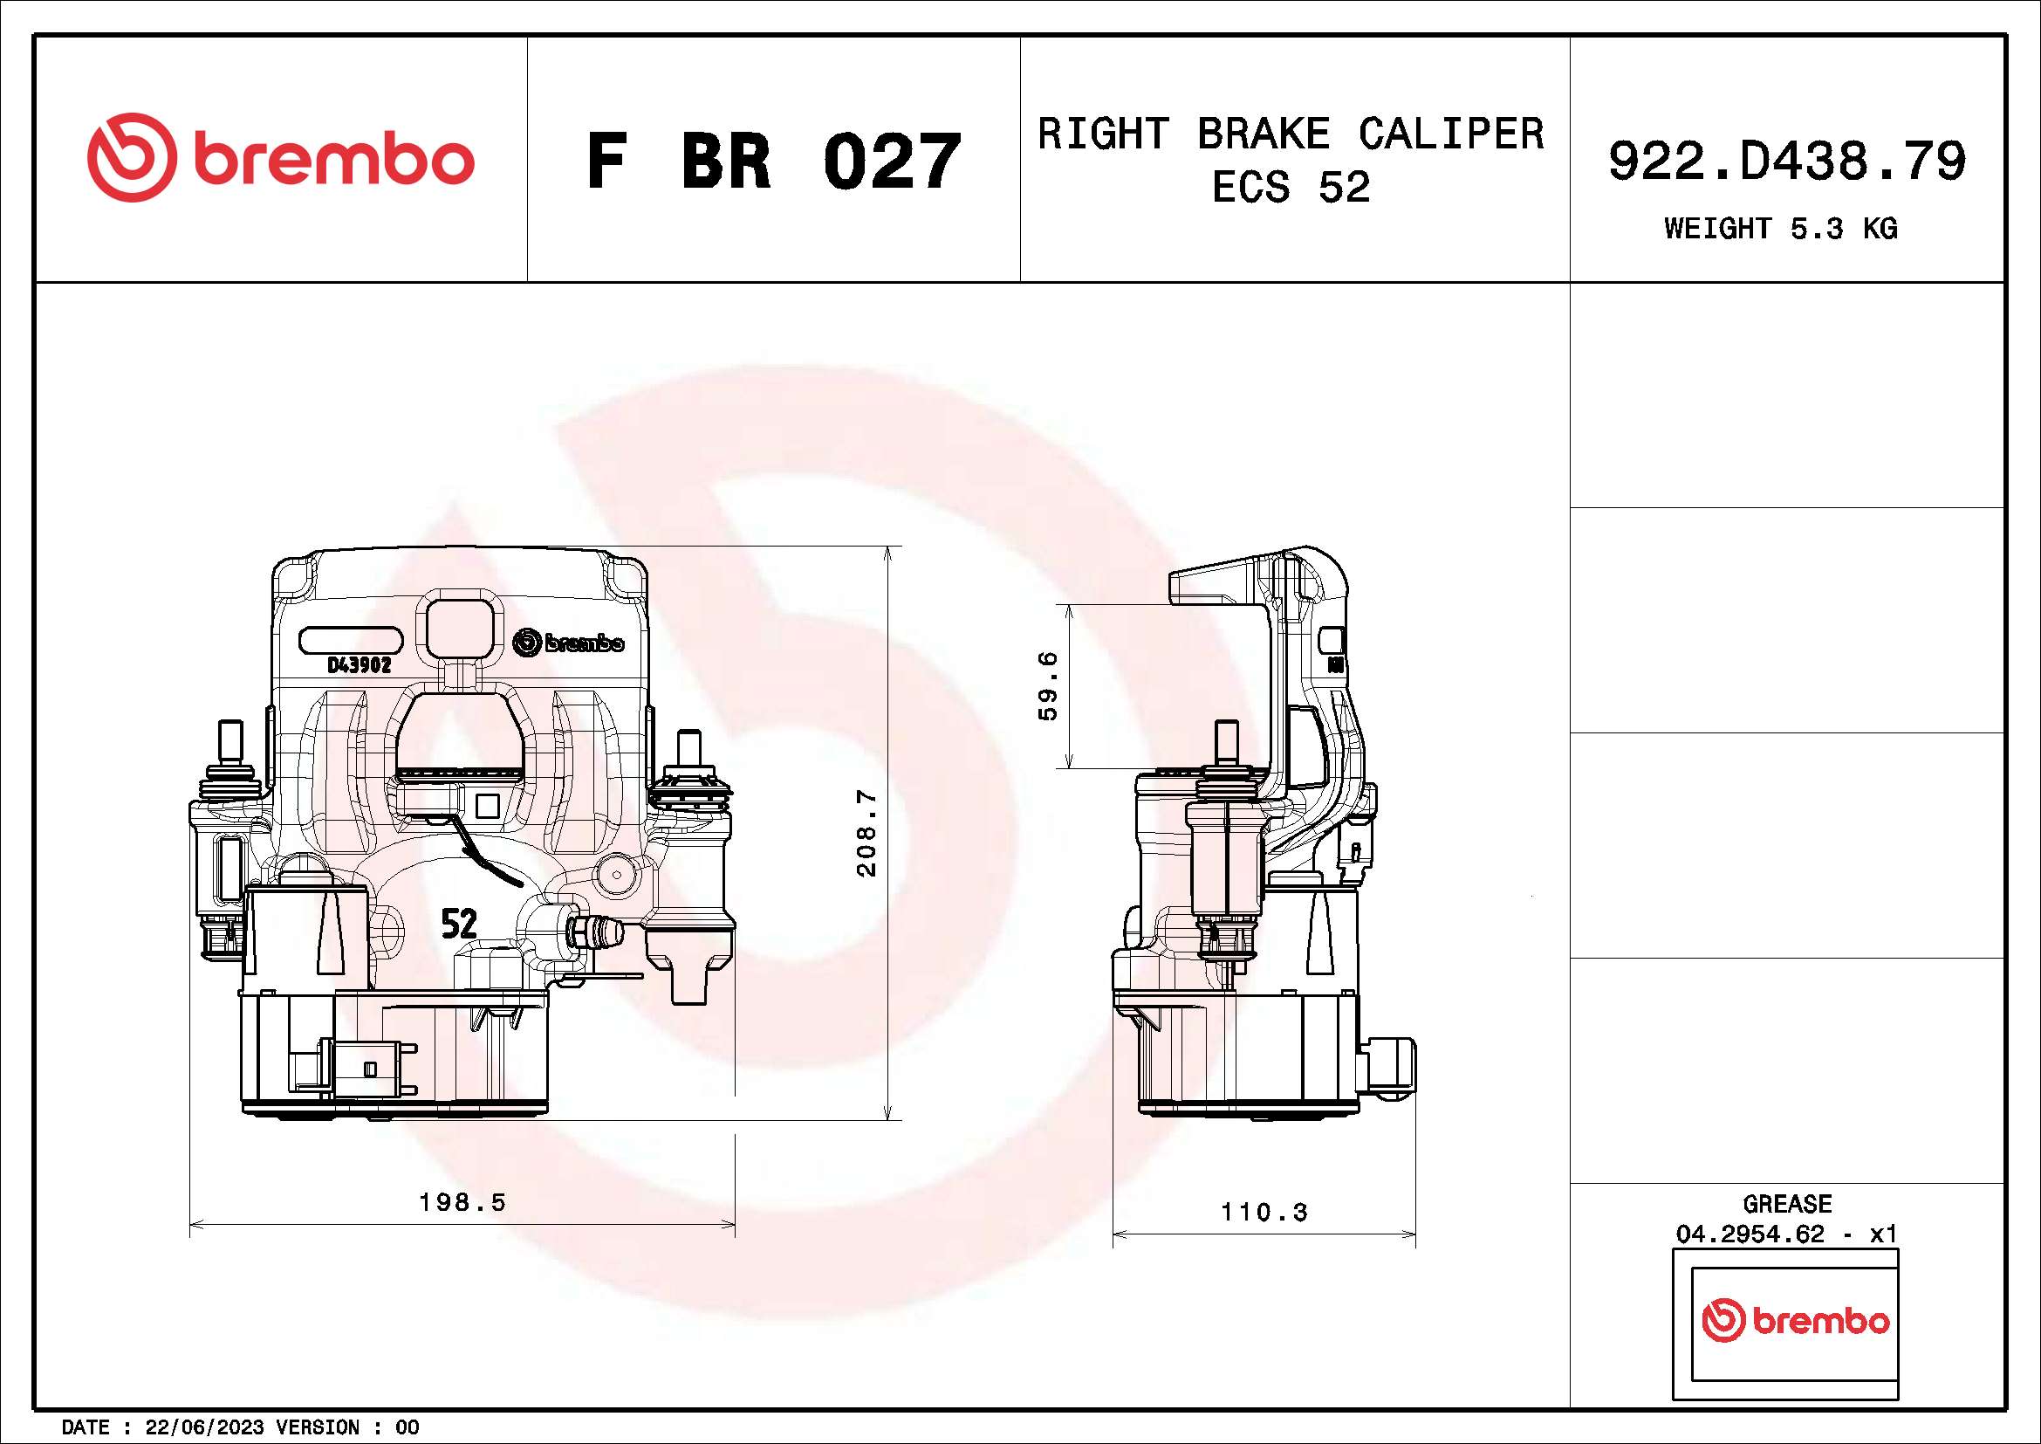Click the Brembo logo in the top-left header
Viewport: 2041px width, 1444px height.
(281, 157)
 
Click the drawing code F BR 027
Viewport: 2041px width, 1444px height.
(773, 161)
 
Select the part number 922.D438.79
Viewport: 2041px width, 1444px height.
(1787, 161)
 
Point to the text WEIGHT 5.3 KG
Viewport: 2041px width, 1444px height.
(1781, 229)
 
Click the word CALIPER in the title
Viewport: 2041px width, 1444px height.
(1451, 134)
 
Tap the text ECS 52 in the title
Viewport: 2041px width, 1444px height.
(1291, 187)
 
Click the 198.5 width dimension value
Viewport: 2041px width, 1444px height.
(462, 1202)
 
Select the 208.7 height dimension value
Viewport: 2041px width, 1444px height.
(866, 833)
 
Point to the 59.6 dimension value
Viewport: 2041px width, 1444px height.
(1048, 685)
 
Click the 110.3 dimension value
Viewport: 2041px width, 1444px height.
(1264, 1212)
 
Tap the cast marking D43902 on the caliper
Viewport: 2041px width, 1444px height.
(360, 665)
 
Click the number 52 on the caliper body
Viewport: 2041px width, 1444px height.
(459, 925)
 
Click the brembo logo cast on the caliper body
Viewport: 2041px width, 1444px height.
(569, 642)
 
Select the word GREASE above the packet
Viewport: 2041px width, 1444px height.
(1787, 1204)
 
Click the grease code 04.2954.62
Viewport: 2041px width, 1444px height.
(1750, 1234)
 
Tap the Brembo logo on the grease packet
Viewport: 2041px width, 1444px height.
(1795, 1320)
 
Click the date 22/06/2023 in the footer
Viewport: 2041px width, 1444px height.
(204, 1427)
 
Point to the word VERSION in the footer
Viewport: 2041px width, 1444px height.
(318, 1427)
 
